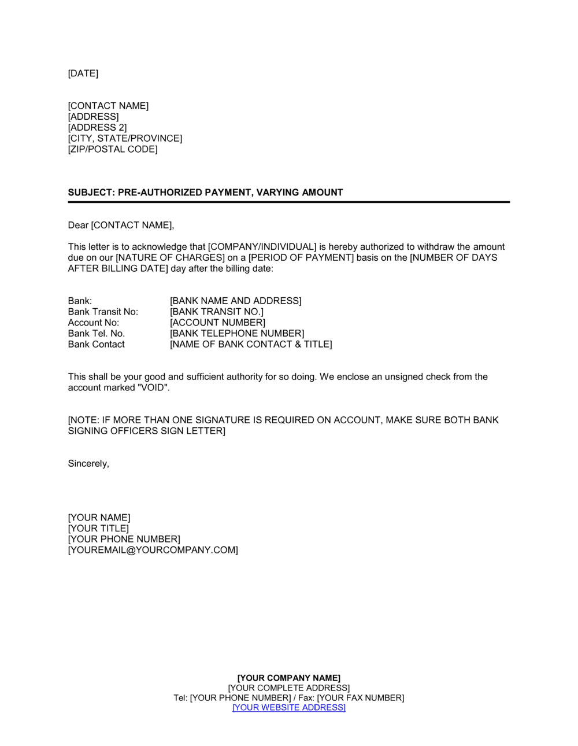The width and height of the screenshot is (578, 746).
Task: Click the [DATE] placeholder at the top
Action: point(83,73)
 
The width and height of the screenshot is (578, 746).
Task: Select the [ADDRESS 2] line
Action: point(97,127)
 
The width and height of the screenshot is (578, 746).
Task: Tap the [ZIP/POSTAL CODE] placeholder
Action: point(113,149)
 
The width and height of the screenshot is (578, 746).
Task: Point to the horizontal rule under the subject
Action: point(289,202)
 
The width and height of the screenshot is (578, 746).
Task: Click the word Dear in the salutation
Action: point(78,225)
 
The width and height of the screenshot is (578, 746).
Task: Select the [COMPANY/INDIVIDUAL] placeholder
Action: point(262,247)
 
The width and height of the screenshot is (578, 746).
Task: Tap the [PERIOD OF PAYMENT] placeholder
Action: point(301,257)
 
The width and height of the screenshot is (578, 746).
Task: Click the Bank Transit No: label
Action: point(103,312)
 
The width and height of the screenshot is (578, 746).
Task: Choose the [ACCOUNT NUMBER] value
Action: point(217,323)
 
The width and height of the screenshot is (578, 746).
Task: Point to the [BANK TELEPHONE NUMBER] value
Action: point(237,334)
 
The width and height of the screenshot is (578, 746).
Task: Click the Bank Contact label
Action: point(96,345)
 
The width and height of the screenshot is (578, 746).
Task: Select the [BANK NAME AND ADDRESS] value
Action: point(236,301)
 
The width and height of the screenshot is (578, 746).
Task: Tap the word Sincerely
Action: point(88,464)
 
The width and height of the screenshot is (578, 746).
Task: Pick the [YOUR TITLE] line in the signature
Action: point(98,529)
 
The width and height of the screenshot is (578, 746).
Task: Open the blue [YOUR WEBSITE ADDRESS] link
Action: point(289,708)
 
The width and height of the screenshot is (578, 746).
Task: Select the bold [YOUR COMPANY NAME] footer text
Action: point(289,678)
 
